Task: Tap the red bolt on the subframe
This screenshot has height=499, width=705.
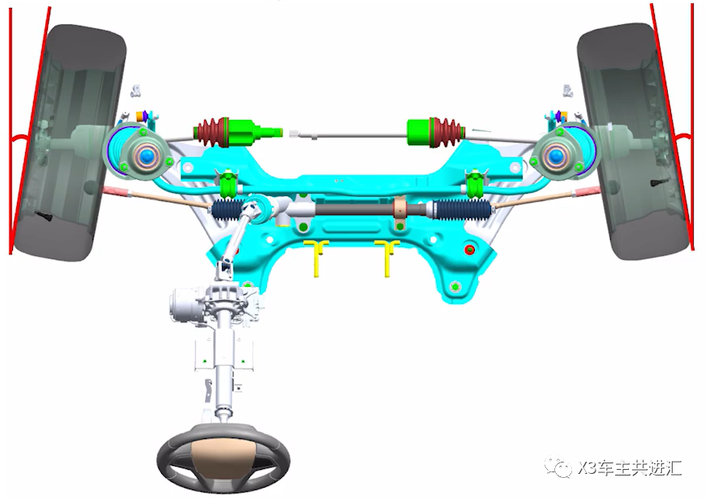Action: [469, 249]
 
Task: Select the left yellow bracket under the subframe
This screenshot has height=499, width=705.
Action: [317, 257]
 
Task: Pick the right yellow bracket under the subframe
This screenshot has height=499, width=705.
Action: [387, 257]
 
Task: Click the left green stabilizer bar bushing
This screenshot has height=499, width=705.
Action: [229, 185]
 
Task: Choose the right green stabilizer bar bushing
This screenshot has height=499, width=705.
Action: [474, 185]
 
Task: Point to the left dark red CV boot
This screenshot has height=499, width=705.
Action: [211, 132]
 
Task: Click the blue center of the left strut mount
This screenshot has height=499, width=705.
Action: [146, 156]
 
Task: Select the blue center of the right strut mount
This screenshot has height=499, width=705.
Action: [556, 156]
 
